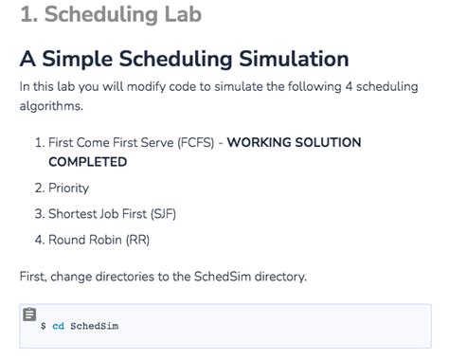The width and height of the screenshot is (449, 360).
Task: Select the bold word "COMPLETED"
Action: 88,162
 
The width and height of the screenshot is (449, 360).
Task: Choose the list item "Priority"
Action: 68,188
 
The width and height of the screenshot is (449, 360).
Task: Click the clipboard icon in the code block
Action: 29,315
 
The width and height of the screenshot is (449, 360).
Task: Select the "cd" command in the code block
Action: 58,327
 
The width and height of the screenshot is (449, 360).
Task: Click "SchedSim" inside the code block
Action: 95,327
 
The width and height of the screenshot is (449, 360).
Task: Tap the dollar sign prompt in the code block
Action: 43,327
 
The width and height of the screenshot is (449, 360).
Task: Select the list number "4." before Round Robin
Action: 40,239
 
